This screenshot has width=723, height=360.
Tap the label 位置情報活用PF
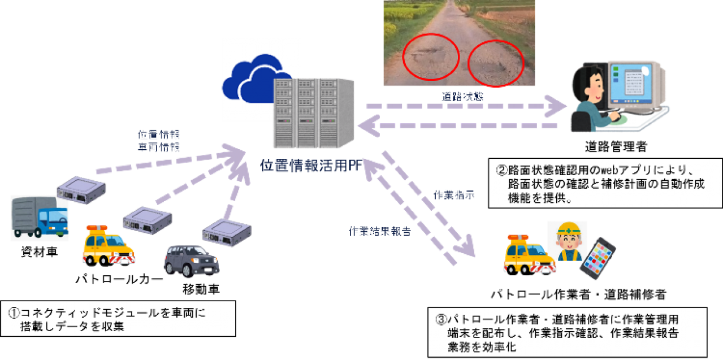pos(312,165)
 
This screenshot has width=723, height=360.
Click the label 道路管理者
pos(616,148)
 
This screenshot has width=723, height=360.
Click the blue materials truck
pos(40,218)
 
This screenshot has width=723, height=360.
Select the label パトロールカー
pos(119,279)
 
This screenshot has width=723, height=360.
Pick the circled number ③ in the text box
pos(441,320)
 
